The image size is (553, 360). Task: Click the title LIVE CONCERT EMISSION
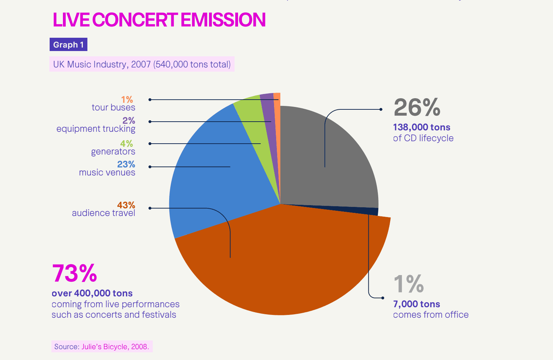pyautogui.click(x=159, y=20)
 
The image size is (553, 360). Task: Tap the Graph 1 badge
pyautogui.click(x=68, y=45)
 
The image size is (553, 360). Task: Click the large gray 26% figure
pyautogui.click(x=417, y=107)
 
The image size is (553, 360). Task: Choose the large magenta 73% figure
pyautogui.click(x=74, y=273)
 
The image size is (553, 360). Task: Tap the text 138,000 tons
pyautogui.click(x=422, y=127)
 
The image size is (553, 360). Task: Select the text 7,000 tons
pyautogui.click(x=416, y=304)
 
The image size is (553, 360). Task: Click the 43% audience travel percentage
pyautogui.click(x=126, y=205)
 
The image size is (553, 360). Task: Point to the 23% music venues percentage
pyautogui.click(x=126, y=164)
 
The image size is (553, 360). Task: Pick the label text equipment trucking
pyautogui.click(x=96, y=129)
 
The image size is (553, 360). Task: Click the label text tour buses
pyautogui.click(x=113, y=108)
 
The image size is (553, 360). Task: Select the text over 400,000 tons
pyautogui.click(x=92, y=293)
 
